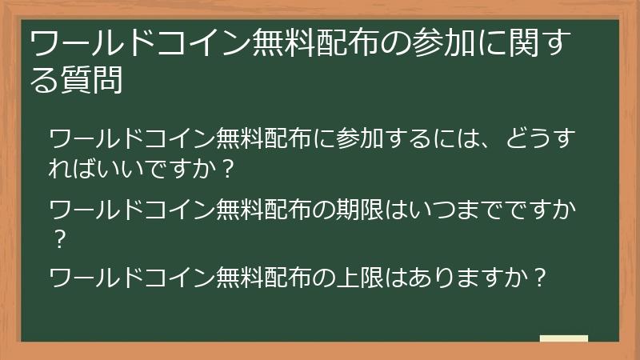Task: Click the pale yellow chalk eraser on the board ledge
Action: (x=563, y=338)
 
